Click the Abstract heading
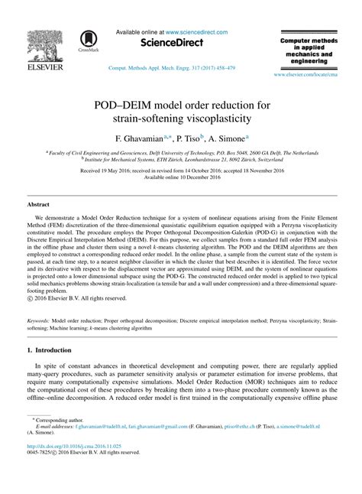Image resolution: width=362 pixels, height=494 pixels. [x=38, y=206]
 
